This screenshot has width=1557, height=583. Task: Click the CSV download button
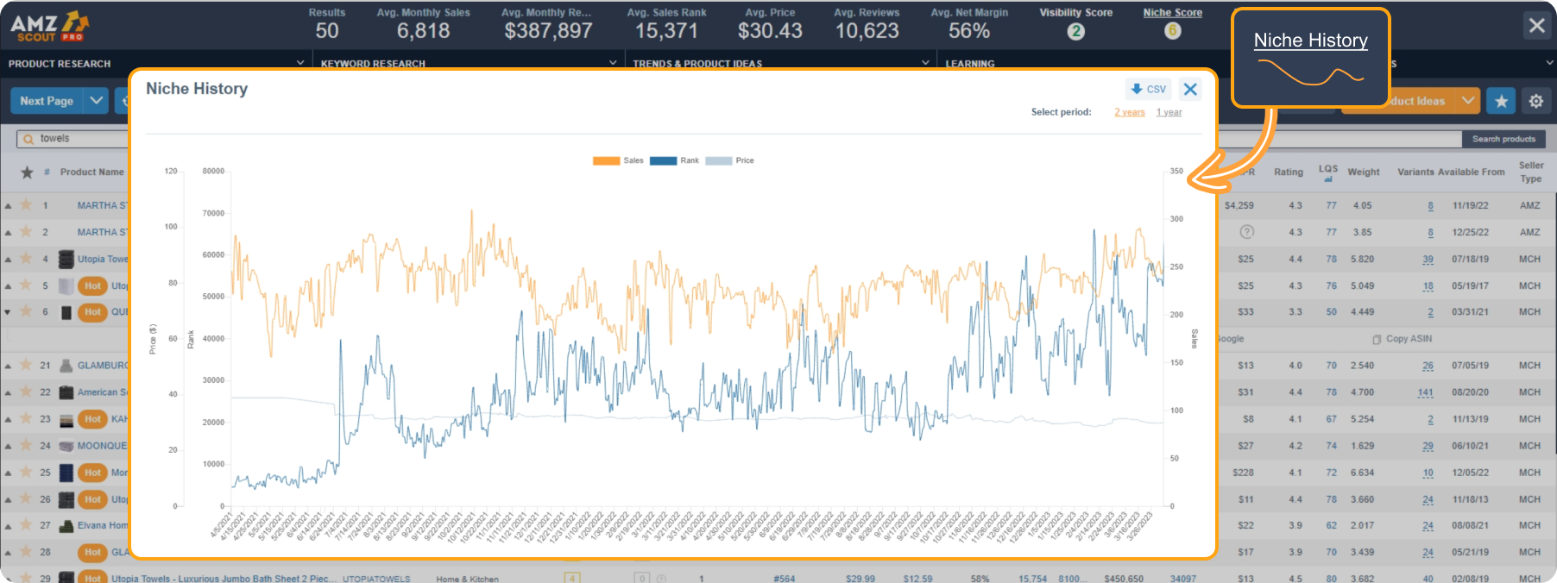tap(1148, 89)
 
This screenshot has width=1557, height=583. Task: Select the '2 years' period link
tap(1129, 112)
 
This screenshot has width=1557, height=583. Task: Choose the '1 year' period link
tap(1169, 112)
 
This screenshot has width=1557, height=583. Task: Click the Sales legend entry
tap(618, 160)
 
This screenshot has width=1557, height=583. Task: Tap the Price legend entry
tap(730, 160)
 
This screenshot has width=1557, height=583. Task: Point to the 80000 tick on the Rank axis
tap(213, 171)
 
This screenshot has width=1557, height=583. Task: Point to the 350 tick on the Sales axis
tap(1176, 171)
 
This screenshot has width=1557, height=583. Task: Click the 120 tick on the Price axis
tap(171, 171)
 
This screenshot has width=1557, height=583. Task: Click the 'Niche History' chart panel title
tap(197, 89)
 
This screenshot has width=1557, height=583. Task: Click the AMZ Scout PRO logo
tap(49, 26)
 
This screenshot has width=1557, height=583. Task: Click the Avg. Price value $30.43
tap(770, 31)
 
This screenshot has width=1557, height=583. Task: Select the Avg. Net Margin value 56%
tap(969, 31)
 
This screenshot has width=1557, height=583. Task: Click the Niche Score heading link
tap(1172, 12)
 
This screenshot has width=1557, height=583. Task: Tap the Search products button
tap(1503, 139)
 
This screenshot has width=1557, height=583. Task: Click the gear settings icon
tap(1536, 101)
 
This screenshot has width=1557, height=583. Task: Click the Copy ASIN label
tap(1408, 339)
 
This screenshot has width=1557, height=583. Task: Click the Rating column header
tap(1289, 172)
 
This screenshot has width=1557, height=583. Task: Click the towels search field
tap(78, 138)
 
